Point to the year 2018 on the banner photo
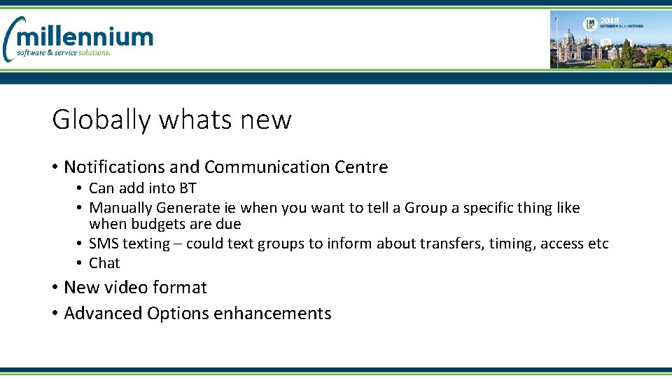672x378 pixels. pyautogui.click(x=609, y=21)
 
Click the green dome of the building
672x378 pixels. pyautogui.click(x=568, y=37)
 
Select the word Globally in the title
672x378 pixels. pyautogui.click(x=101, y=120)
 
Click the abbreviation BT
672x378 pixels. pyautogui.click(x=188, y=188)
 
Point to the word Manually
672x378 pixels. pyautogui.click(x=120, y=207)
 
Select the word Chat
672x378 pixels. pyautogui.click(x=104, y=263)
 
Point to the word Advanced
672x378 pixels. pyautogui.click(x=103, y=313)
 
